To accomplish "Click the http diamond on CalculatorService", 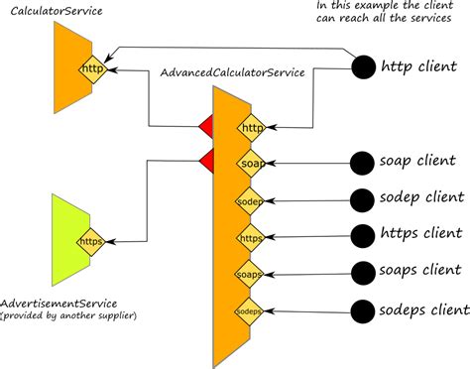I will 92,68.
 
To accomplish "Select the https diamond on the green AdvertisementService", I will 92,239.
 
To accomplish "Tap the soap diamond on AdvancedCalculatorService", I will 250,162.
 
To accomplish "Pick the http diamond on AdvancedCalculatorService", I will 250,126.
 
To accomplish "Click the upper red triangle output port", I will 207,126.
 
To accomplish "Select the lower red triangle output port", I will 207,160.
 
